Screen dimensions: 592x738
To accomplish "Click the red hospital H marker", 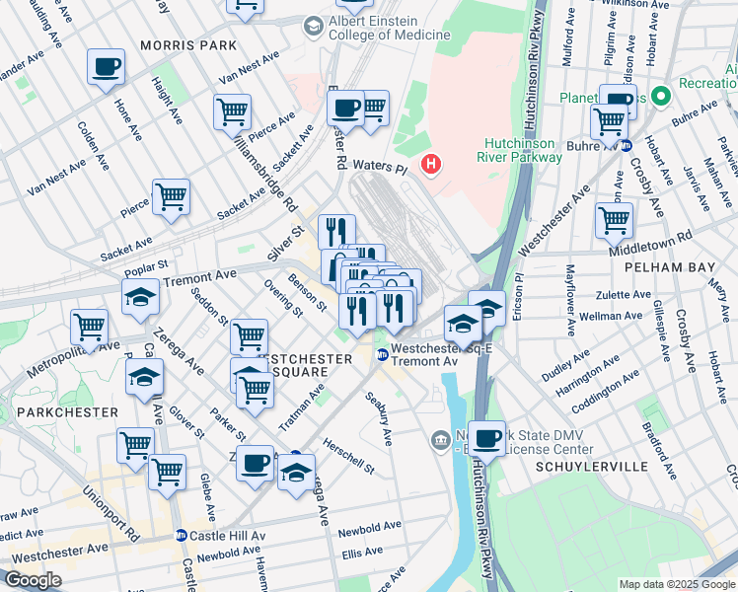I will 430,163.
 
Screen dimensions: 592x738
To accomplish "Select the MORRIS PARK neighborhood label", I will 188,45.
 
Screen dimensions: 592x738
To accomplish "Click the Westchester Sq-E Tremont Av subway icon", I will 381,355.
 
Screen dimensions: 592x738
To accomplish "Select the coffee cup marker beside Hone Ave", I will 106,67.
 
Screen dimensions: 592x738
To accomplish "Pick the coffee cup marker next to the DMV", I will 485,437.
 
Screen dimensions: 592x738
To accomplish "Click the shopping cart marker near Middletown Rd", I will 614,219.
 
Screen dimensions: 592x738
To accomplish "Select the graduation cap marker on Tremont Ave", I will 140,296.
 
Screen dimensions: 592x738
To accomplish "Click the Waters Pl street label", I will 378,169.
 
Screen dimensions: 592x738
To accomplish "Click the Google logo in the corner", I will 33,580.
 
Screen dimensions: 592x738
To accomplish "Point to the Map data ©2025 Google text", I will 675,584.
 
